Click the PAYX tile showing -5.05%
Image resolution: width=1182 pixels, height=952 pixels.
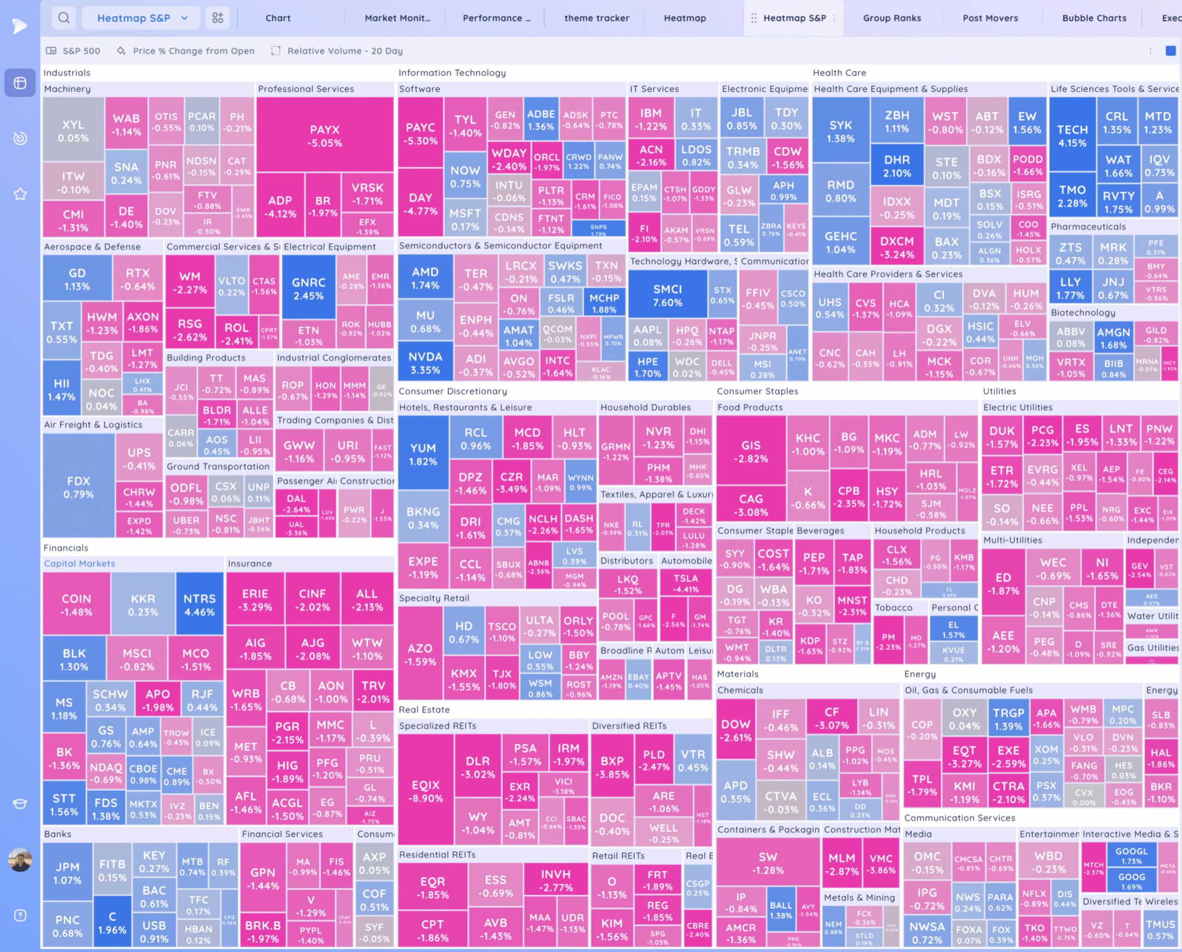click(x=325, y=136)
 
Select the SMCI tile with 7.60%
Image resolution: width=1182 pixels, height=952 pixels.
click(x=667, y=295)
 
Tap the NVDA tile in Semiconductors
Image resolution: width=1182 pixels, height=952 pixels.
click(x=425, y=362)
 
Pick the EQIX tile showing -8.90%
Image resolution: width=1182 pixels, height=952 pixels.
click(x=426, y=791)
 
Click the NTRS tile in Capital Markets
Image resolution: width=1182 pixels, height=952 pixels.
click(x=199, y=604)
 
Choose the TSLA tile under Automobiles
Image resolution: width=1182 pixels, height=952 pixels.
click(x=686, y=584)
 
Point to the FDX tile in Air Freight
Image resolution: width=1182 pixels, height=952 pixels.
click(x=78, y=487)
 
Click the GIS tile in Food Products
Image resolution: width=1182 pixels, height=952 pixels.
click(x=750, y=452)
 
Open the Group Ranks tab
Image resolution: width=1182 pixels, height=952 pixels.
click(x=892, y=18)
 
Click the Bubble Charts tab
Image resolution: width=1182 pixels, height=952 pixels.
click(x=1094, y=18)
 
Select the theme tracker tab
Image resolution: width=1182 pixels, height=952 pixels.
click(x=596, y=18)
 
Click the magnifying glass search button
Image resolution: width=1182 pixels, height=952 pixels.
click(x=64, y=18)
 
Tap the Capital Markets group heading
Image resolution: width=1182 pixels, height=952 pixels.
click(x=79, y=563)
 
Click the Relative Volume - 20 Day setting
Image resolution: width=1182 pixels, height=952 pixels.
click(x=344, y=51)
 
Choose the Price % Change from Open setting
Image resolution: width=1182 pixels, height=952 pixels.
click(x=193, y=51)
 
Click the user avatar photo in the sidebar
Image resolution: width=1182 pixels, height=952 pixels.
click(x=20, y=860)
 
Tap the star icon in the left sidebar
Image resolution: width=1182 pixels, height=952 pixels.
click(x=20, y=194)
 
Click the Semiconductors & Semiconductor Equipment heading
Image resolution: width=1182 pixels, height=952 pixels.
click(x=500, y=246)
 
